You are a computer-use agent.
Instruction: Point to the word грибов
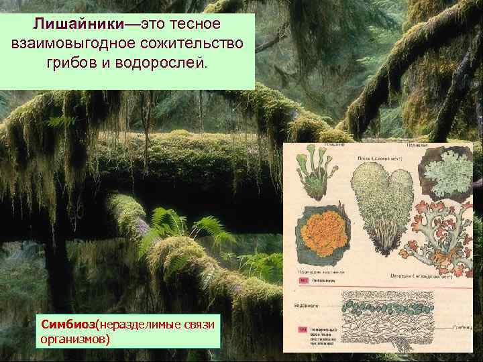(x=72, y=64)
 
